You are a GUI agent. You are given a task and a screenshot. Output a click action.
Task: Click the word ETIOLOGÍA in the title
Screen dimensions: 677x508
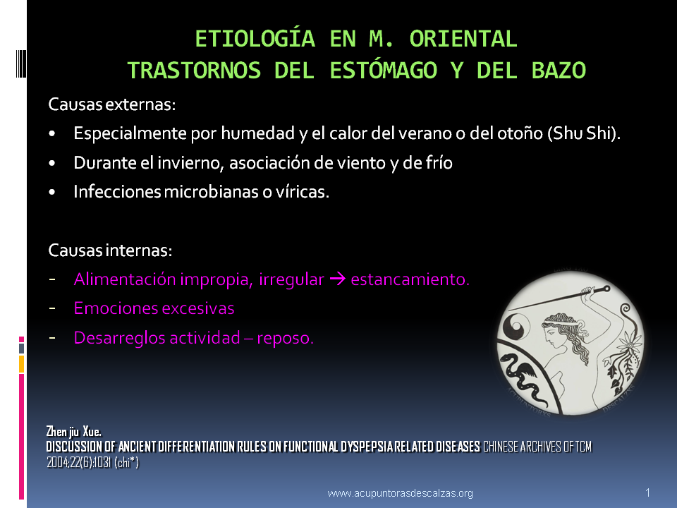pyautogui.click(x=255, y=39)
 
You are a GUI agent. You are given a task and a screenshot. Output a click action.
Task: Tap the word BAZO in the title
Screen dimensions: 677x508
pyautogui.click(x=559, y=71)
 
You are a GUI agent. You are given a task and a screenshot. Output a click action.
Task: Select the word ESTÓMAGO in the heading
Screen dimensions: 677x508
pyautogui.click(x=384, y=71)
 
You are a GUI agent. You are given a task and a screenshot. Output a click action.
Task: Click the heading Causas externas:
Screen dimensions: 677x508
pyautogui.click(x=112, y=104)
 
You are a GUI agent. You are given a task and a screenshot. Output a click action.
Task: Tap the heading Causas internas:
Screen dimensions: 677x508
pyautogui.click(x=110, y=250)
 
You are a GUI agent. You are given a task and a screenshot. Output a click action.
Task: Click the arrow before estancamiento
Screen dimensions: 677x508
pyautogui.click(x=338, y=279)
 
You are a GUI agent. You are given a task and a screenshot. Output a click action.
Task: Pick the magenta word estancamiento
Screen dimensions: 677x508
pyautogui.click(x=410, y=279)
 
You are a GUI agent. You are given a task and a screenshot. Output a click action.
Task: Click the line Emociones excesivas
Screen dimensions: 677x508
pyautogui.click(x=154, y=308)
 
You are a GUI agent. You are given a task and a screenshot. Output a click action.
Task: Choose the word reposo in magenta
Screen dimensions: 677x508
pyautogui.click(x=285, y=338)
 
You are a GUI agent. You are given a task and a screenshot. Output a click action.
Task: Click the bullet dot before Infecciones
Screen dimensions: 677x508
pyautogui.click(x=52, y=192)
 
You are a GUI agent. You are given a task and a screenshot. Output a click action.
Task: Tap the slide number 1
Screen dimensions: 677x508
pyautogui.click(x=647, y=492)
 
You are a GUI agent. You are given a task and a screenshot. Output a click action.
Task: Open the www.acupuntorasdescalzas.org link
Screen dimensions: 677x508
pyautogui.click(x=401, y=493)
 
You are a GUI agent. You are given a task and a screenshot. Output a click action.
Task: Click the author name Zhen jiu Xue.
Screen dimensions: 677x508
pyautogui.click(x=74, y=431)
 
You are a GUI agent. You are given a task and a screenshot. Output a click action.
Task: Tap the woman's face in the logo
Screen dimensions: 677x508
pyautogui.click(x=553, y=334)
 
